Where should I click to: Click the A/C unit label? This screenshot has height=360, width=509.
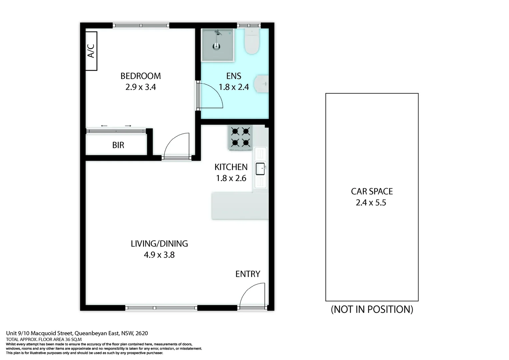point(91,51)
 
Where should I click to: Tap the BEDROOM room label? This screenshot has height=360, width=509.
point(141,76)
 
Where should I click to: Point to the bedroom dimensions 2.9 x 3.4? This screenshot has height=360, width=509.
point(141,87)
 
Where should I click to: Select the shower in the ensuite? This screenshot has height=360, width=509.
point(217,45)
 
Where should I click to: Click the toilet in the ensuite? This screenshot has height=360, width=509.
point(252,42)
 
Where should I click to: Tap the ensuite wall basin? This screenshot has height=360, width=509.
point(262,84)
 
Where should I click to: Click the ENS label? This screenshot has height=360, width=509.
point(234,76)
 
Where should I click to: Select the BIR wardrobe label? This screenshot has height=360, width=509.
point(118,145)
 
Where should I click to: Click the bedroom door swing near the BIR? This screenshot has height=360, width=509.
point(177,145)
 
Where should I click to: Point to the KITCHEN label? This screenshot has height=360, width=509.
point(231,167)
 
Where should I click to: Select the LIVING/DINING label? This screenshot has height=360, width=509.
point(159,244)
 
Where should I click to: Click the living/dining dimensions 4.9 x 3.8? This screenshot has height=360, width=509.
point(159,255)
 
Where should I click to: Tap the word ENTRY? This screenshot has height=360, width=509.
point(248,274)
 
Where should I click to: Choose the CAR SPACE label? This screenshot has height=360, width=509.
point(372,191)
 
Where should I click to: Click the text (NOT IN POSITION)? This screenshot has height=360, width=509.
point(372,309)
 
